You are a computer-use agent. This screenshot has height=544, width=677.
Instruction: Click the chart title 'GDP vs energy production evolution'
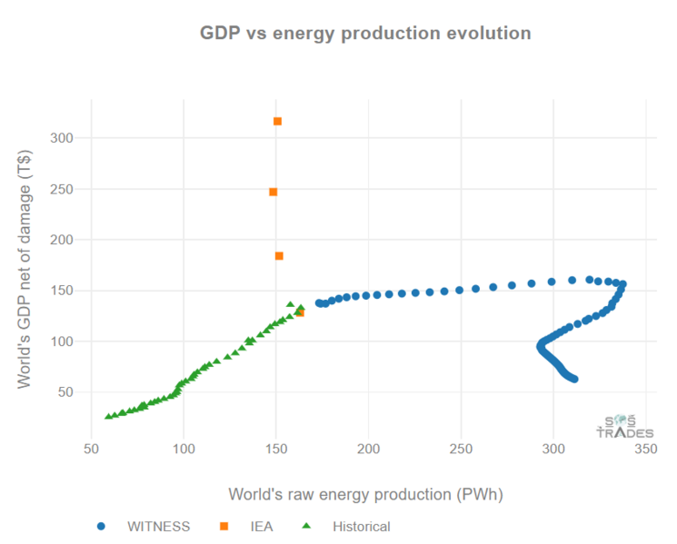click(364, 34)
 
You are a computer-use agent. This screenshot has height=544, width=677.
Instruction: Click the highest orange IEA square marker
click(277, 121)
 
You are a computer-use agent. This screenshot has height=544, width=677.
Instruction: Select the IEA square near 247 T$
click(273, 192)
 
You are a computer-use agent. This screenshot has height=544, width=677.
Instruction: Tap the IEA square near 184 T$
click(279, 256)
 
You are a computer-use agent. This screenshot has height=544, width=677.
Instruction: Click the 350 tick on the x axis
click(645, 448)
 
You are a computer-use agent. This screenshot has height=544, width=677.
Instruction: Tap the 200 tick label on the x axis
click(368, 448)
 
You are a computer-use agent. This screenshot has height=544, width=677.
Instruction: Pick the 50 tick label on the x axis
click(91, 448)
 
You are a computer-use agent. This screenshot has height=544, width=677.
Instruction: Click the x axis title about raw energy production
click(365, 495)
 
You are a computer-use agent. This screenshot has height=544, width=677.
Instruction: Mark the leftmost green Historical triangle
click(108, 417)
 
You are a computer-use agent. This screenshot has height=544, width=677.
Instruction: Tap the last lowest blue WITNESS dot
click(574, 379)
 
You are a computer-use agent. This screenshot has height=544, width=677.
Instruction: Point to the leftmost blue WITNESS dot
click(319, 303)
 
